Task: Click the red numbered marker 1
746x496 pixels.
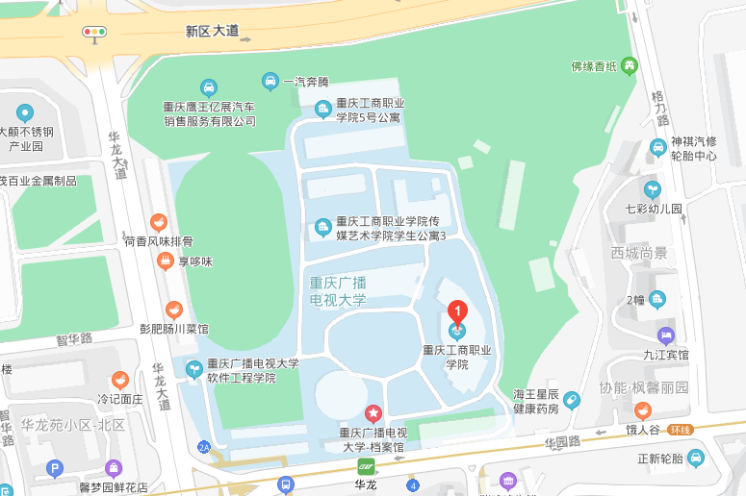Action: click(458, 312)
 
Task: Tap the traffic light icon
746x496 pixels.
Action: click(94, 32)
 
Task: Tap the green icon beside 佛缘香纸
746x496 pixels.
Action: click(630, 66)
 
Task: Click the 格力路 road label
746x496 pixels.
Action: click(660, 109)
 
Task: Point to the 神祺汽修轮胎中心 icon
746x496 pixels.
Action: click(657, 147)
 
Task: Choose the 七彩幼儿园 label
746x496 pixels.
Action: click(653, 208)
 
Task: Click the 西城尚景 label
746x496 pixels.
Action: click(638, 253)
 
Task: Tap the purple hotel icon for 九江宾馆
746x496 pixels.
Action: click(666, 335)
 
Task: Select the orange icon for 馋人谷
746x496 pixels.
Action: click(642, 410)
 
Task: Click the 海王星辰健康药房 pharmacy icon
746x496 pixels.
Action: click(572, 400)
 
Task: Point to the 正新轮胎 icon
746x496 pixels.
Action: click(696, 458)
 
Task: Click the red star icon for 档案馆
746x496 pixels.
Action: click(373, 414)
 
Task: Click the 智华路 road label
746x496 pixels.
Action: click(73, 339)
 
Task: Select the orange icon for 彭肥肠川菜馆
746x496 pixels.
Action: click(173, 310)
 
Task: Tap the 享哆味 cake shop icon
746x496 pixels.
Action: click(166, 260)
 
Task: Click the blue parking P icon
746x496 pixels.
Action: click(54, 469)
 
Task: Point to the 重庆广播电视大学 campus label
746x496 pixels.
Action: click(338, 291)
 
